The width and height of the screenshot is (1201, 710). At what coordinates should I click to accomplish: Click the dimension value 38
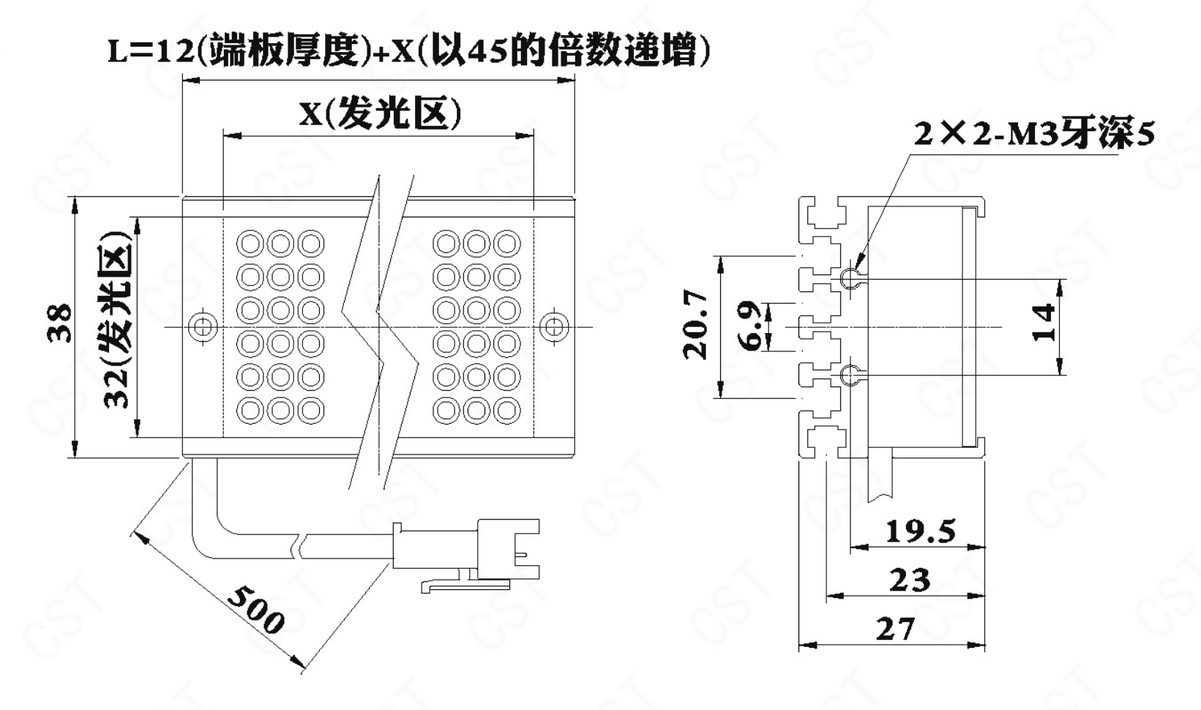(60, 323)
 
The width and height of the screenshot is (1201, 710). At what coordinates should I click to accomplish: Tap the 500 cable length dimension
(254, 610)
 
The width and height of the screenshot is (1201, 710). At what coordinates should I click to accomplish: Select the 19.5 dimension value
(920, 531)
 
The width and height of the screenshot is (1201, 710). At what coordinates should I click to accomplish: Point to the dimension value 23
(910, 580)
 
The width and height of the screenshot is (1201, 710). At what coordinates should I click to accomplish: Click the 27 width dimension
(895, 628)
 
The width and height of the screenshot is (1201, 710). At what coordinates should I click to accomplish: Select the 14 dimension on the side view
(1044, 322)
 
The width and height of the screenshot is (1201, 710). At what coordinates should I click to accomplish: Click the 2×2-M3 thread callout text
(1033, 134)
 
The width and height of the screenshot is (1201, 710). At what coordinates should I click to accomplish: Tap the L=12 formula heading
(408, 51)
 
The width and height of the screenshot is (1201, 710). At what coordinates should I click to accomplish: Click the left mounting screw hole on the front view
(202, 326)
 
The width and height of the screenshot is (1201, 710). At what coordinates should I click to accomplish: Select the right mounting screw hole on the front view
(553, 326)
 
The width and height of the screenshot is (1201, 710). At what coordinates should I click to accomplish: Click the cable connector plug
(505, 549)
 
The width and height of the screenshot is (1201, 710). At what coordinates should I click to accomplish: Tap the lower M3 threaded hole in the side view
(849, 375)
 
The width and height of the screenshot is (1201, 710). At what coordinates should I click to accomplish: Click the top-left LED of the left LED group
(250, 243)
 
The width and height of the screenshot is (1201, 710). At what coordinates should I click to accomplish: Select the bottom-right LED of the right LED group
(506, 411)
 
